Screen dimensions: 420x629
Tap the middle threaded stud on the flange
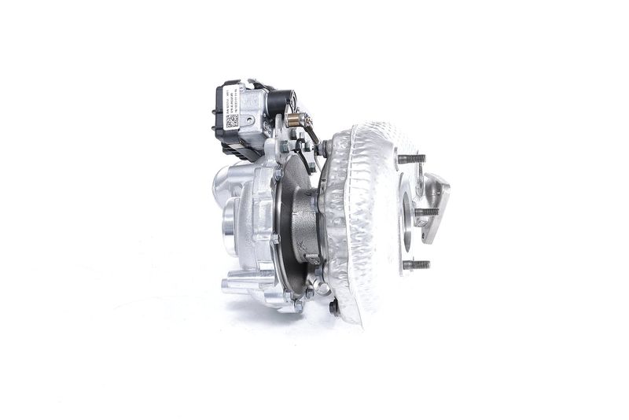[425, 212]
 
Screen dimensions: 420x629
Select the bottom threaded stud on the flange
[416, 264]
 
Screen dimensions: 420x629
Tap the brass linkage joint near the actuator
[294, 120]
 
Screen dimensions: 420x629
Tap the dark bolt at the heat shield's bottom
[334, 308]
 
